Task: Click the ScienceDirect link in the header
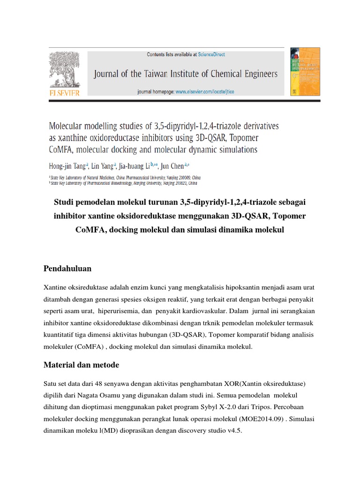click(211, 55)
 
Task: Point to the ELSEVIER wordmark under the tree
click(65, 93)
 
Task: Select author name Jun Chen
click(172, 166)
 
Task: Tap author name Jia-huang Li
click(131, 166)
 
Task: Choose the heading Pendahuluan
click(67, 269)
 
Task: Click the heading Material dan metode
click(81, 365)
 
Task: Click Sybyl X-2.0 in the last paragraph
click(219, 406)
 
